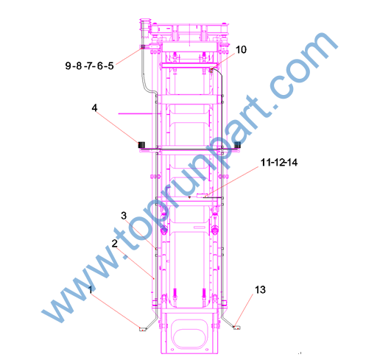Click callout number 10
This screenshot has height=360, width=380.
[241, 50]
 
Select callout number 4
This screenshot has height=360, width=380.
[94, 107]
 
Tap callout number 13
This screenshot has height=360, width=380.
[260, 290]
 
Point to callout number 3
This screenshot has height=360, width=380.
[124, 216]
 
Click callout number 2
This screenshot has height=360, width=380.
[115, 244]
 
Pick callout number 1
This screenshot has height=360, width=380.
[91, 290]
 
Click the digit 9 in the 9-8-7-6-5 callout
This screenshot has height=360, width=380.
[68, 66]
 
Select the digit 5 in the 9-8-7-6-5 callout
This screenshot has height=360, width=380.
[110, 66]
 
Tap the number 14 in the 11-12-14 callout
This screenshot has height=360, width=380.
[292, 163]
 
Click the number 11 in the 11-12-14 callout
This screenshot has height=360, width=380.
[265, 163]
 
